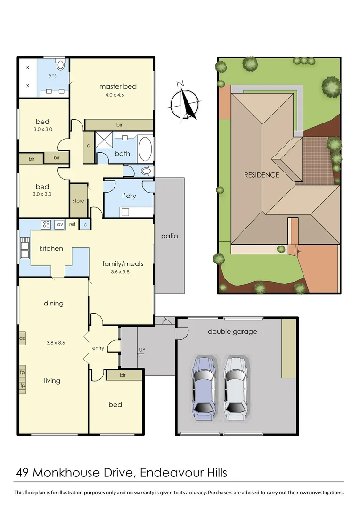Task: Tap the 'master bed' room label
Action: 118,86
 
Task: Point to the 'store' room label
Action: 78,201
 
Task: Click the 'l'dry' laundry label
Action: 129,196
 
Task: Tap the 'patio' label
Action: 169,236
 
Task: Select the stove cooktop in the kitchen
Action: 46,224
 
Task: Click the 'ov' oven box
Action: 60,224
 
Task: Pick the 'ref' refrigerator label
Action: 72,224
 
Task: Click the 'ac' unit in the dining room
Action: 22,338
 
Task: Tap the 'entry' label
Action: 98,348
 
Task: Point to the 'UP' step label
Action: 142,350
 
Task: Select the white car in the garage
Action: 235,387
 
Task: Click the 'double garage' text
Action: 232,331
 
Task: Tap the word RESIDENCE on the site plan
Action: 261,175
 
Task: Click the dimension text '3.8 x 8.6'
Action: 56,343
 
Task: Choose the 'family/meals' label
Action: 123,263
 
